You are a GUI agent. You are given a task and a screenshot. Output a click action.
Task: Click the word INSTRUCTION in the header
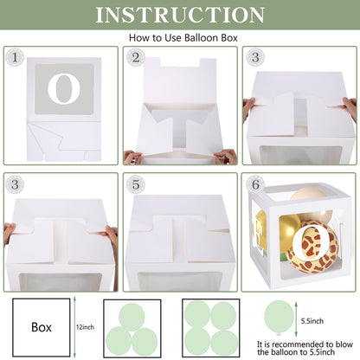tap(180, 15)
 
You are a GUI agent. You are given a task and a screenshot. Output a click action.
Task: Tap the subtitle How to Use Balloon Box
tap(183, 38)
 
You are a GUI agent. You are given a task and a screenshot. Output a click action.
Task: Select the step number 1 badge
tap(15, 57)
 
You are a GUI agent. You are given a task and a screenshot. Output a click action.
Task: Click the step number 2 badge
tap(136, 57)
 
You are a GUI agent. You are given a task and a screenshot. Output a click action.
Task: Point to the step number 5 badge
tap(136, 184)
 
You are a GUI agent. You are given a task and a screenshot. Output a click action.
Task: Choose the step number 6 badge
tap(255, 184)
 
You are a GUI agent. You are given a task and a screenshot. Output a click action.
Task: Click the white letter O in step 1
tap(64, 89)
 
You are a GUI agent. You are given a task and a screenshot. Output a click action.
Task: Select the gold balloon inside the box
tap(289, 228)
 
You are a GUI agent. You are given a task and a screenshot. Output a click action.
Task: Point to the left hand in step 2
tap(133, 157)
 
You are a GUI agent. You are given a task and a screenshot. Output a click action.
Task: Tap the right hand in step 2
tap(227, 156)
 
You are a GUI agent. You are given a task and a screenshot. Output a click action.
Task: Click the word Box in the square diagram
tap(42, 327)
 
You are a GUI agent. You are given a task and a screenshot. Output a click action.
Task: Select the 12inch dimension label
tap(85, 327)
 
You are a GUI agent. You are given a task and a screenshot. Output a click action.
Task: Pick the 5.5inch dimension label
tap(312, 321)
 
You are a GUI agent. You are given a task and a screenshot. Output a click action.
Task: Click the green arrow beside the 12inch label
tap(74, 327)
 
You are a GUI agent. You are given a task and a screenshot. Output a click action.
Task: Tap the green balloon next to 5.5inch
tap(280, 318)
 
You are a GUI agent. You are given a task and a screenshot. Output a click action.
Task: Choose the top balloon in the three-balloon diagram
tap(132, 317)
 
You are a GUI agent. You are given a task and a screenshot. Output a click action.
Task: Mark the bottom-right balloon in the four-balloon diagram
tap(224, 343)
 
